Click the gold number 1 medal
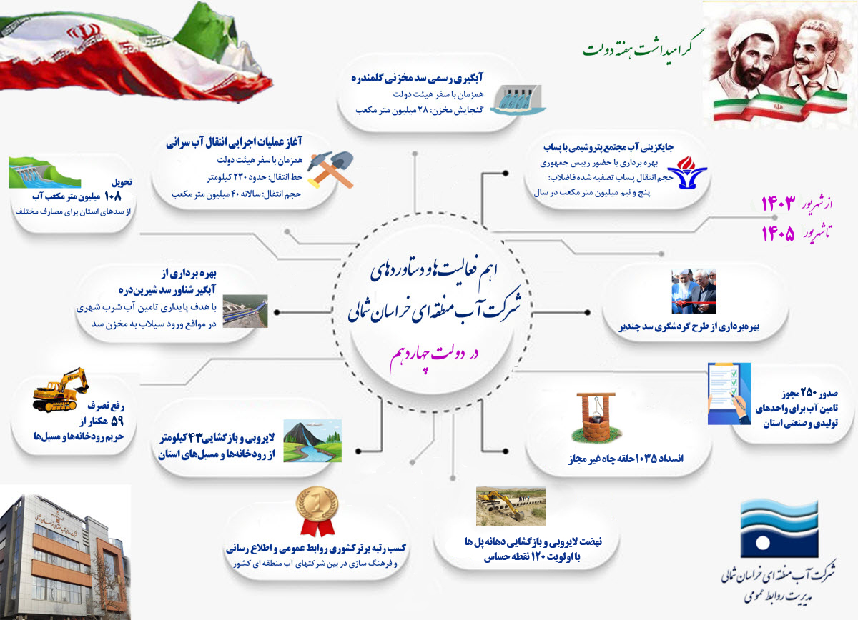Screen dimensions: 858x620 click(x=317, y=511)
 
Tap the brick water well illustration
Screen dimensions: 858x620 click(x=595, y=416)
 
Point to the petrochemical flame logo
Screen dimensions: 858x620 click(x=687, y=172)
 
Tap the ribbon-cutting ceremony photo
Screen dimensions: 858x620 click(x=694, y=291)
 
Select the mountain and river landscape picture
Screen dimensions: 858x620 click(x=312, y=441)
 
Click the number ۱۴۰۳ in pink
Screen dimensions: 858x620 click(x=778, y=204)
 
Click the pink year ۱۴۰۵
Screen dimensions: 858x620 click(x=778, y=233)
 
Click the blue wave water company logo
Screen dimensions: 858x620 click(x=779, y=528)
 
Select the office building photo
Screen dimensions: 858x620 click(x=65, y=552)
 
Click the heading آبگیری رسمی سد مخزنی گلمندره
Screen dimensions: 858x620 click(x=417, y=78)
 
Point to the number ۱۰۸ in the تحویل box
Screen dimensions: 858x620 click(x=112, y=196)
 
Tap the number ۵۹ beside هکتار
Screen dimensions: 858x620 click(x=117, y=421)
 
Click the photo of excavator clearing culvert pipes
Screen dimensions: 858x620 click(x=511, y=506)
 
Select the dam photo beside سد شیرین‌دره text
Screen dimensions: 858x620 click(x=245, y=311)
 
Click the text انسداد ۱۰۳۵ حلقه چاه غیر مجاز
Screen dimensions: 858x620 click(x=626, y=459)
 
